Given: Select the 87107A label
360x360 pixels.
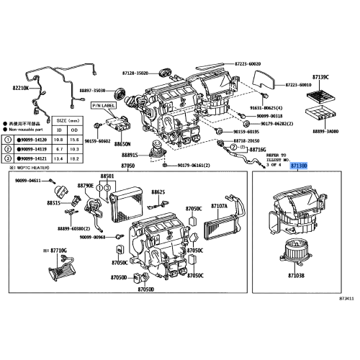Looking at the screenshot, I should tap(219, 205).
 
